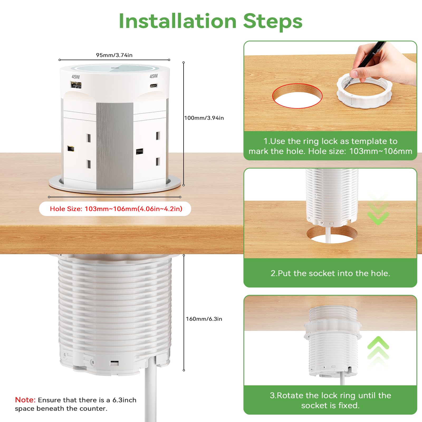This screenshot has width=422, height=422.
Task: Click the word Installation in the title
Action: point(178,21)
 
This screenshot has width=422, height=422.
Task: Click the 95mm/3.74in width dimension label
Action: point(114,55)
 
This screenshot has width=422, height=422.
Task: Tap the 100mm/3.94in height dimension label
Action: point(204,118)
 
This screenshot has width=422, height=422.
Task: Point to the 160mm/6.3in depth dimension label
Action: point(204,319)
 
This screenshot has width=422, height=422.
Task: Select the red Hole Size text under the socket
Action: point(116,209)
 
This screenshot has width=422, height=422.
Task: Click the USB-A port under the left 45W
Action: point(76,85)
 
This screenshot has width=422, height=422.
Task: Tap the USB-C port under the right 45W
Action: point(154,85)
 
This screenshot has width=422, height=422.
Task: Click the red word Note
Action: point(25,400)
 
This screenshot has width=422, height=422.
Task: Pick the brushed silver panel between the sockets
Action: point(115,146)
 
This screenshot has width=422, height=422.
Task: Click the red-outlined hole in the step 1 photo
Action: point(297,96)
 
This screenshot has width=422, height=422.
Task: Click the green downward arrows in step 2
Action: point(378,208)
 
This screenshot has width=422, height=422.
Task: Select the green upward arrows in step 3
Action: point(378,352)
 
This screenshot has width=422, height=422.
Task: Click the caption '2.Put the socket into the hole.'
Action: point(330,273)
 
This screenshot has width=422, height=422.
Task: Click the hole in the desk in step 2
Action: point(332,234)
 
